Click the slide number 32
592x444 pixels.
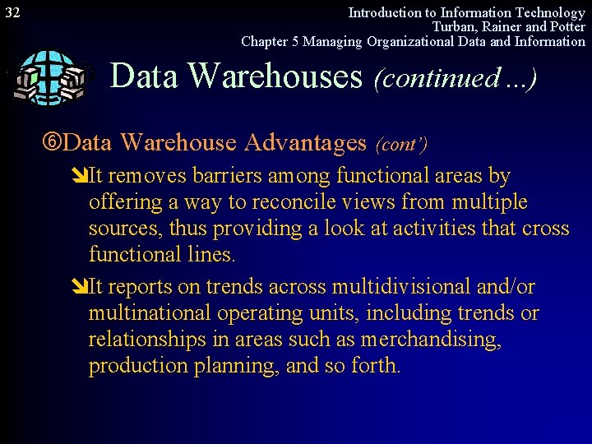click(x=12, y=12)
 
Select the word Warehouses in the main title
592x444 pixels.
click(x=275, y=76)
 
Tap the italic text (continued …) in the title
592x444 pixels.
click(x=455, y=78)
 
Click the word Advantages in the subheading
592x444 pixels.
click(x=304, y=142)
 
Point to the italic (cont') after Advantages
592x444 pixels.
click(x=401, y=145)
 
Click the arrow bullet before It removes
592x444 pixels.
click(x=81, y=176)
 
